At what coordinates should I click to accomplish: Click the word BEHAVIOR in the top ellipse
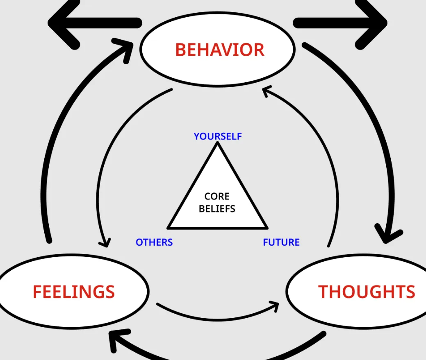click(219, 50)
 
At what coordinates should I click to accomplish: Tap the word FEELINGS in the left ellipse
click(74, 292)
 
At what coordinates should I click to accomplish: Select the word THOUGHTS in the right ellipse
click(367, 292)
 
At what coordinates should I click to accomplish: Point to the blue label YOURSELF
click(218, 136)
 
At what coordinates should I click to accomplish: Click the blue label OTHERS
click(154, 242)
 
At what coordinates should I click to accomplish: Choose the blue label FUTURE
click(281, 242)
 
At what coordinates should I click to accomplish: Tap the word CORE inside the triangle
click(217, 197)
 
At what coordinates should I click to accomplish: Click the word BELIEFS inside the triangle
click(217, 209)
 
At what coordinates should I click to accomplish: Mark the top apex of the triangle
click(217, 143)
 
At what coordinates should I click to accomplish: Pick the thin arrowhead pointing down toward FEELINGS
click(105, 242)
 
